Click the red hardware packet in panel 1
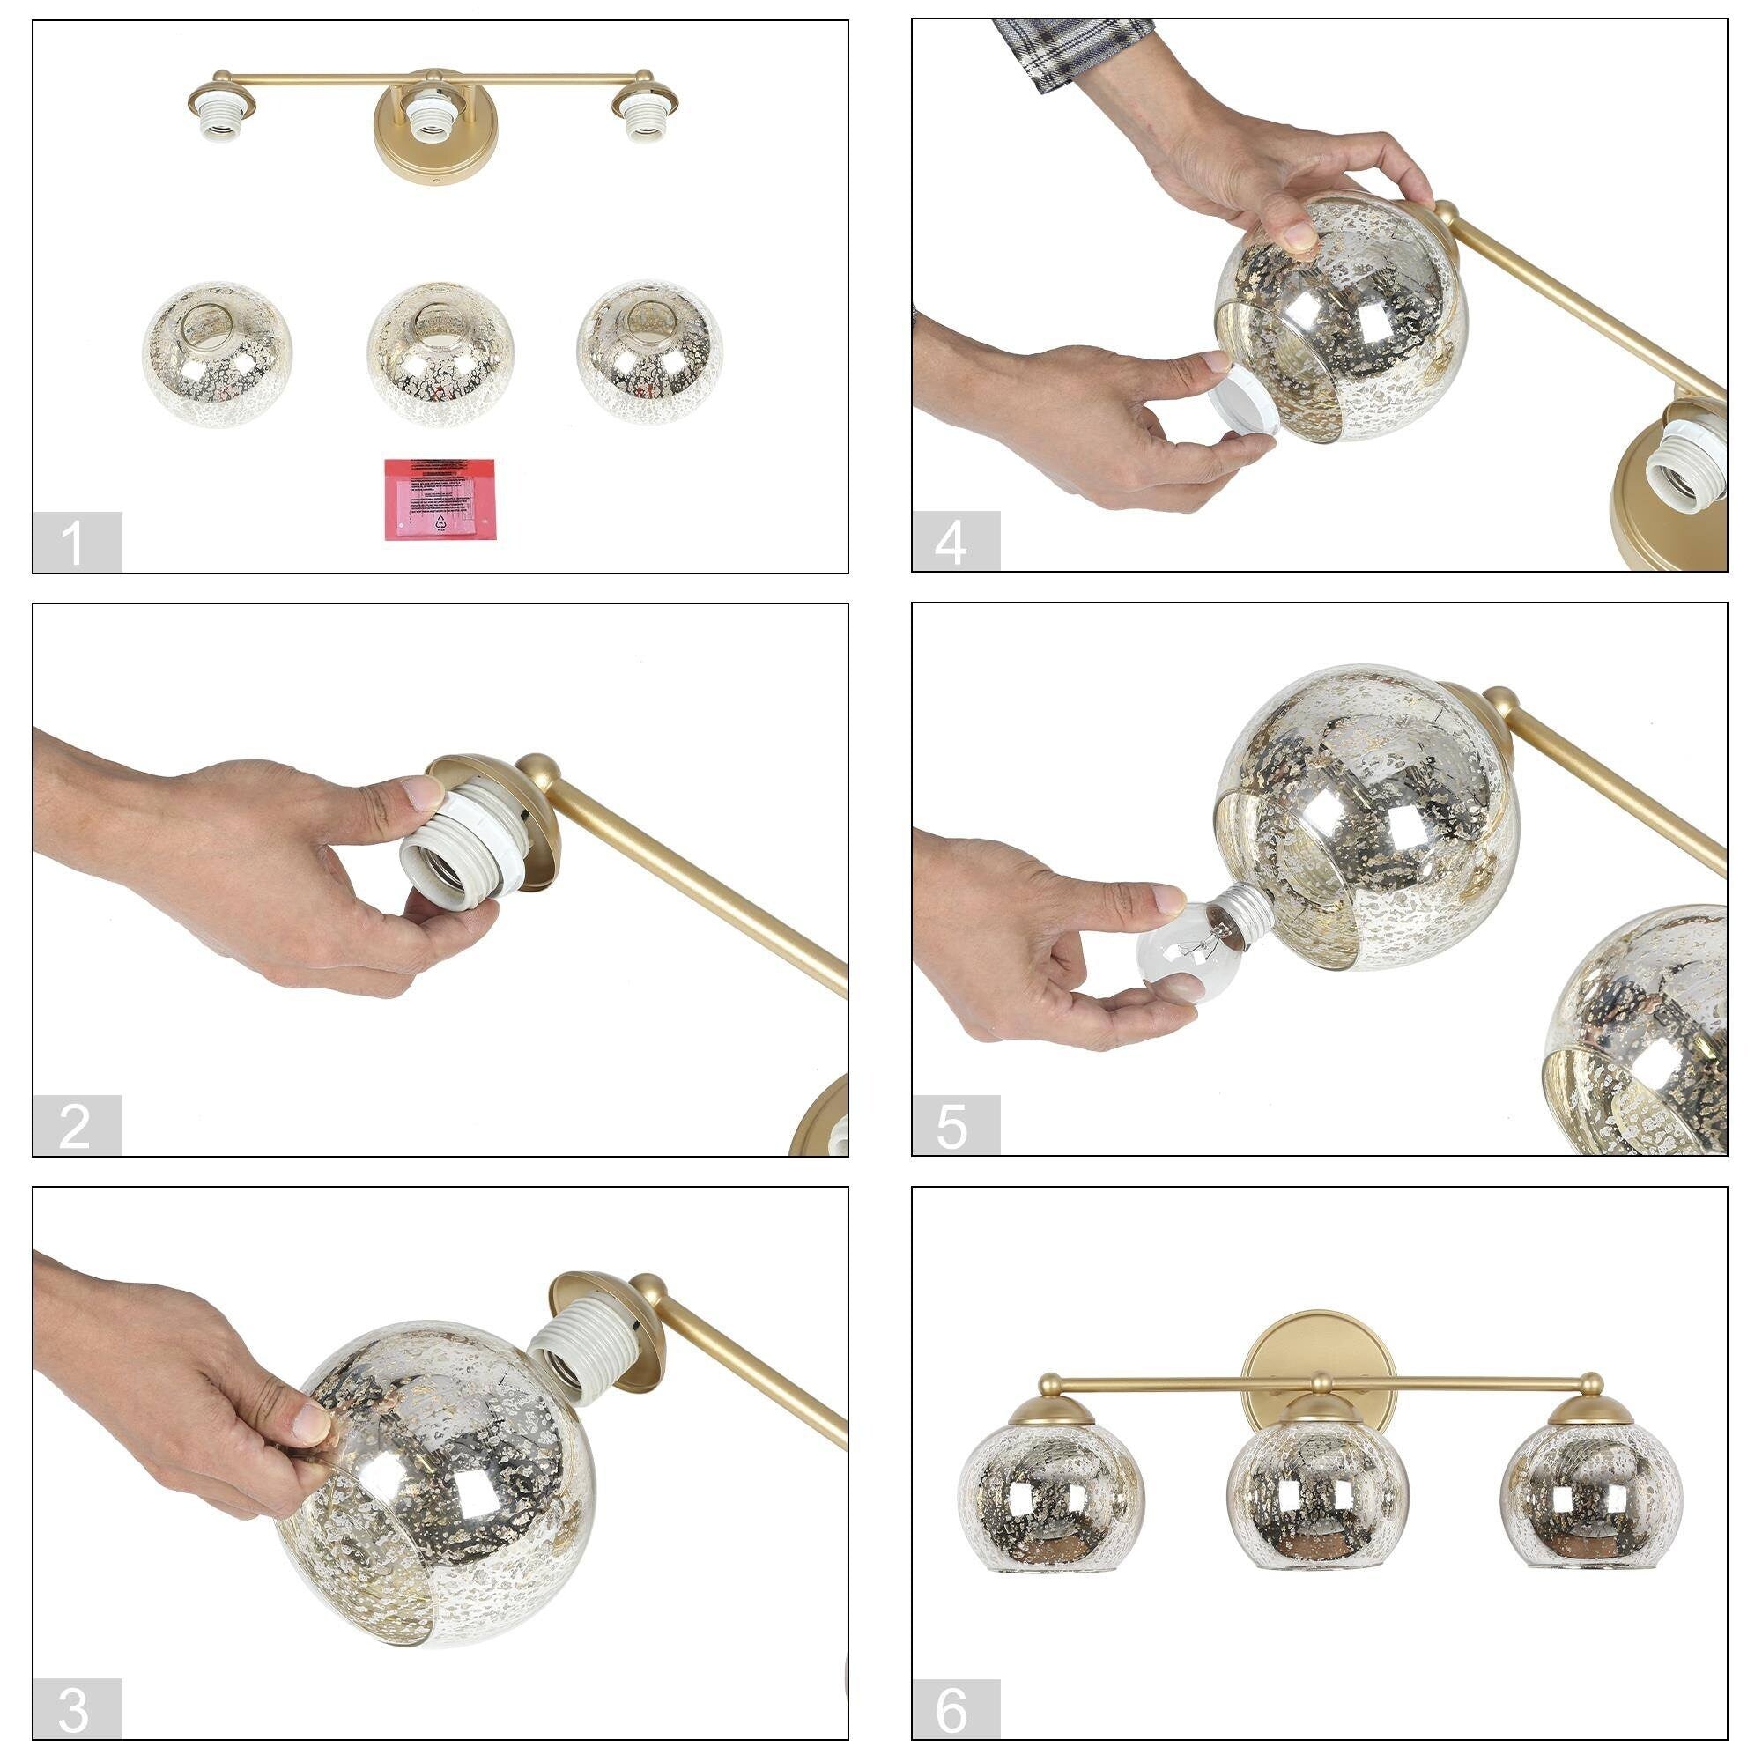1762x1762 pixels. (440, 499)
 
